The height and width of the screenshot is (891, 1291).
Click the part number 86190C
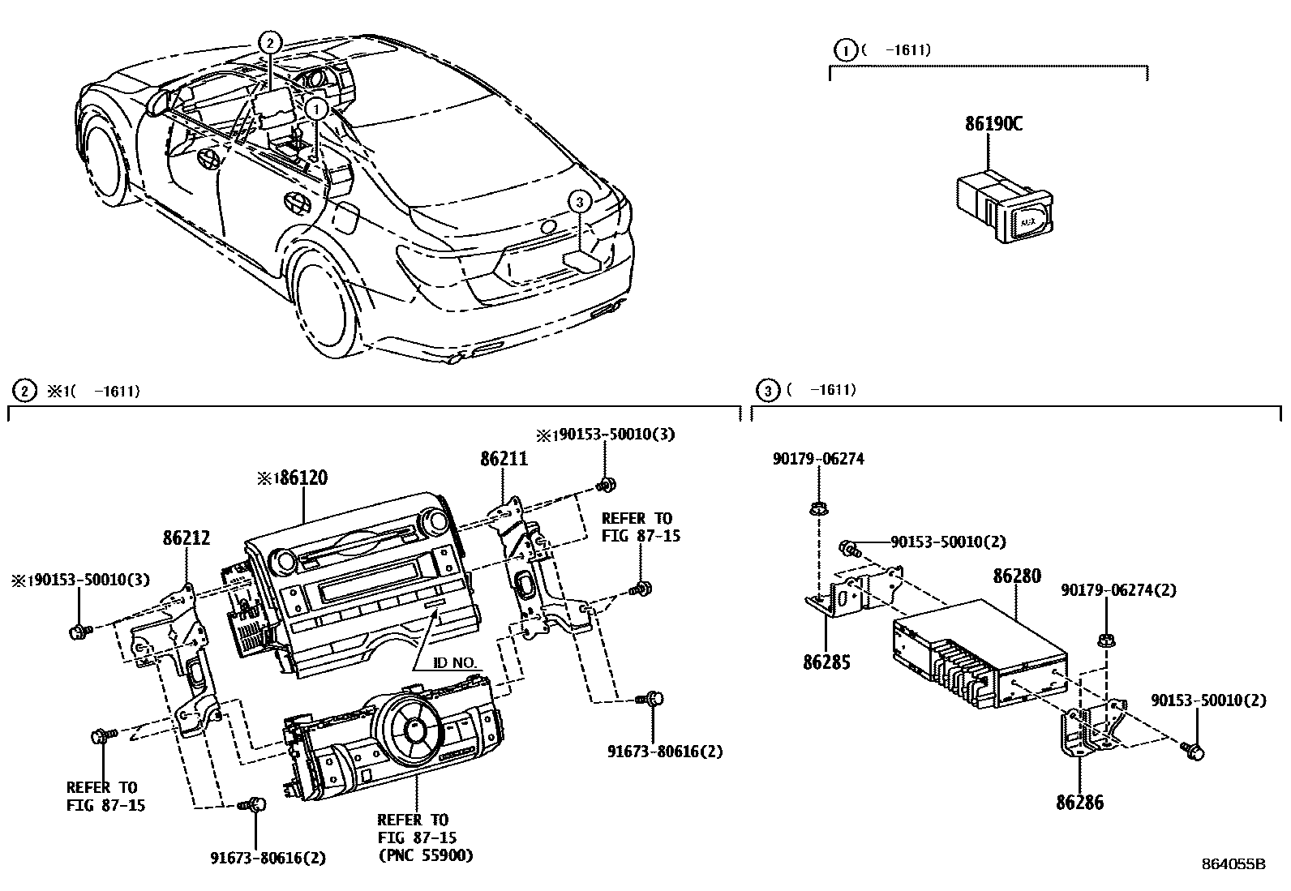point(993,124)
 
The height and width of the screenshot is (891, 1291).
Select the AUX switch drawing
point(1004,207)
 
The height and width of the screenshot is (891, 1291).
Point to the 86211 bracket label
point(503,459)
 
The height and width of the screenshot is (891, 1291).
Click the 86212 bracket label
point(186,537)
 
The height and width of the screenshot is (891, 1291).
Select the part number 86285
point(826,662)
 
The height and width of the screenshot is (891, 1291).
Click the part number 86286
point(1079,803)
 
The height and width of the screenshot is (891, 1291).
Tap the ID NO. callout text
point(454,663)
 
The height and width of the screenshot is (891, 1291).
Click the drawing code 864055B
point(1233,864)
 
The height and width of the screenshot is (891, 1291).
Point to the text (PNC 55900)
point(425,855)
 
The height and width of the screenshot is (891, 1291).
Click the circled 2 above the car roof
point(270,43)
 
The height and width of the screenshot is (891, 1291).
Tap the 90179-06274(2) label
point(1118,591)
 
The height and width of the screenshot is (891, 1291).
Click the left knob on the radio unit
point(285,559)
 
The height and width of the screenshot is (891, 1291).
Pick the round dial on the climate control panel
point(414,726)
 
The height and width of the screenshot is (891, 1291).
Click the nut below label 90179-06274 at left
point(817,510)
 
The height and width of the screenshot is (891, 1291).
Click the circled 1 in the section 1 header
point(845,50)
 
